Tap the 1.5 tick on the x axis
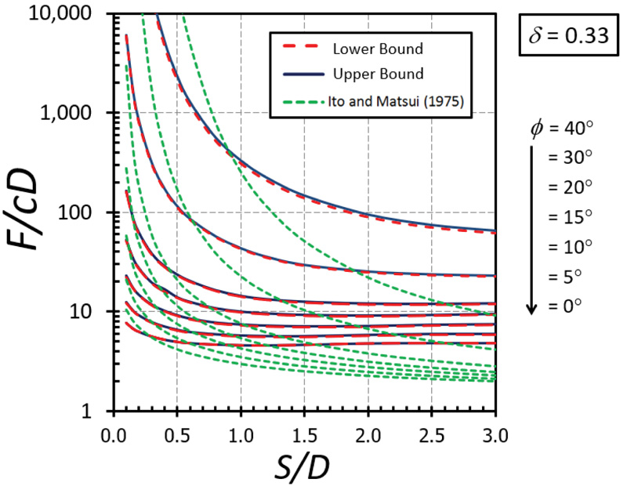click(x=304, y=433)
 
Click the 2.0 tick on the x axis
click(x=368, y=433)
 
